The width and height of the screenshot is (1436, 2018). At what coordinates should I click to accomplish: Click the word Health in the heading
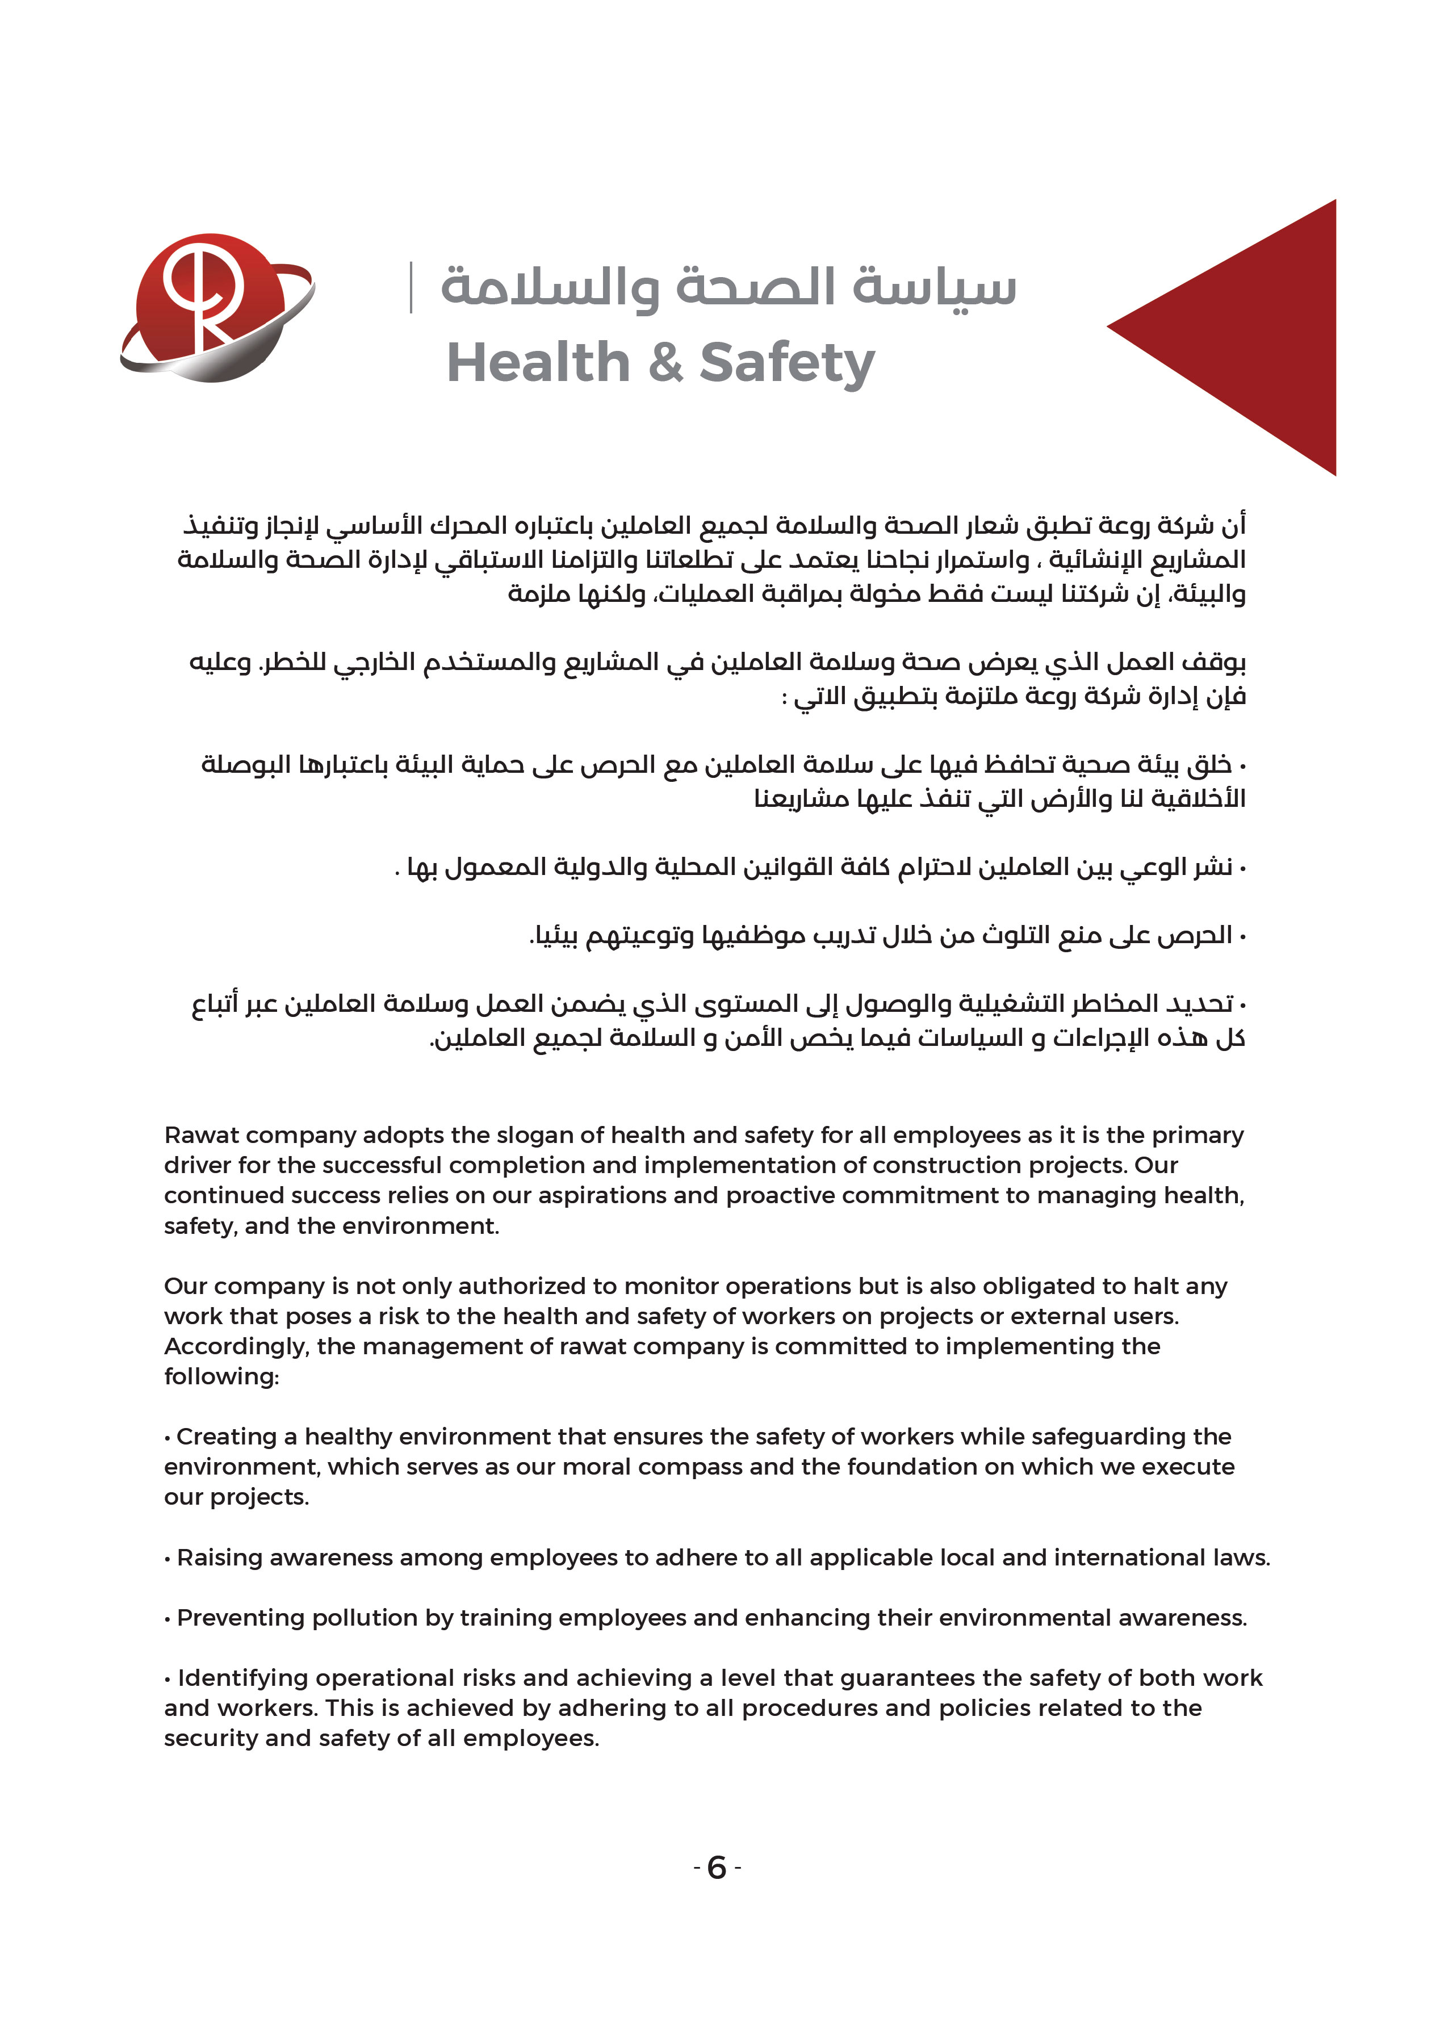point(538,363)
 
